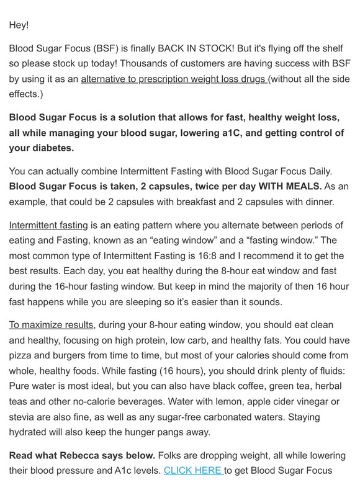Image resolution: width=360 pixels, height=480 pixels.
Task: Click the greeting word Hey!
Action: click(19, 25)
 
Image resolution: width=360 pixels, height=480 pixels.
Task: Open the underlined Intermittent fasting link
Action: click(48, 224)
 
